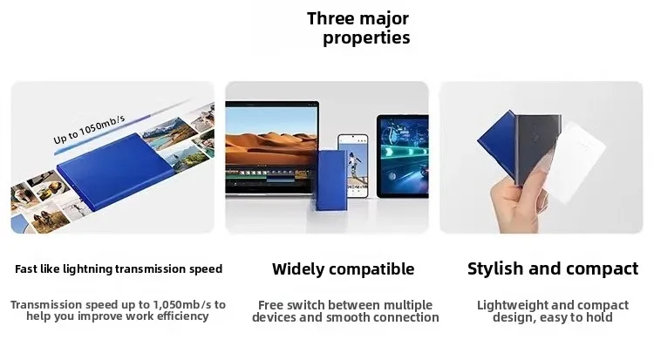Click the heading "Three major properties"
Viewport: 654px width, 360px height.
358,28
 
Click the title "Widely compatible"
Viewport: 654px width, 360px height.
343,269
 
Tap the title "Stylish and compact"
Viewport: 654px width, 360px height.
553,268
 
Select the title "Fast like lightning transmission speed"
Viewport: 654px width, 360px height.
119,269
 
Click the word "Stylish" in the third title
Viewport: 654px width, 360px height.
495,268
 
